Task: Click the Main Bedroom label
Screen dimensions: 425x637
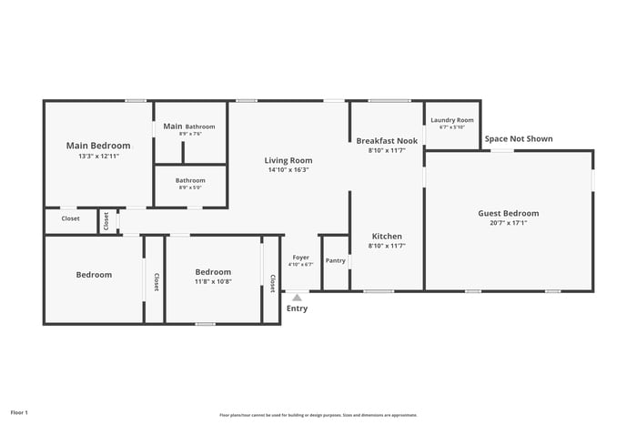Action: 98,145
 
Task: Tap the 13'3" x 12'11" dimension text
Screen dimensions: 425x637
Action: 98,157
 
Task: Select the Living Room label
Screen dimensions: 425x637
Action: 288,159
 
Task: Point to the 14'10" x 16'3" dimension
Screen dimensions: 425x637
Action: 288,170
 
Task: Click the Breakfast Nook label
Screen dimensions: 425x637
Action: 387,141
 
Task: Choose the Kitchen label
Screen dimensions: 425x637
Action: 387,236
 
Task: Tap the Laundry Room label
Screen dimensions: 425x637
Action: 451,120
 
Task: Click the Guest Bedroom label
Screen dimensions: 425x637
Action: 509,213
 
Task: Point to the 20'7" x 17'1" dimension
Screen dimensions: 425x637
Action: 509,223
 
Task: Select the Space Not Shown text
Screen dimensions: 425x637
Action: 518,139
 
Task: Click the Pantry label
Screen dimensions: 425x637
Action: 336,260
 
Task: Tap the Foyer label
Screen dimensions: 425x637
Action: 300,258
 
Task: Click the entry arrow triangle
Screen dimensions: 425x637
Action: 297,296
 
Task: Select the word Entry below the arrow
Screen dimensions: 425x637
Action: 297,309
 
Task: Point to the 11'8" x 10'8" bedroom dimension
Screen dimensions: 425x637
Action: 213,282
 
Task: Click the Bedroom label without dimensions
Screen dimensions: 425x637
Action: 94,275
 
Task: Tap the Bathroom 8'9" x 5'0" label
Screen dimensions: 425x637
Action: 190,180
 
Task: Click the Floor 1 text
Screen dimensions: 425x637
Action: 19,412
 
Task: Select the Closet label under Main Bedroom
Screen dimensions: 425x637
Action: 71,218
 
